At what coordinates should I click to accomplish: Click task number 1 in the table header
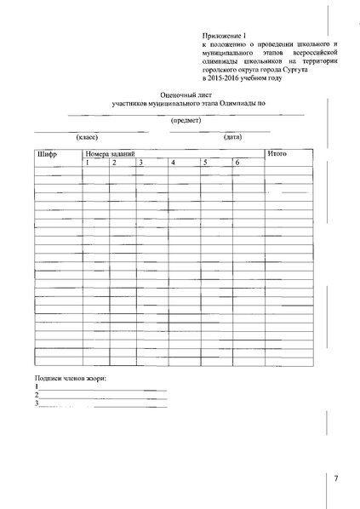(x=88, y=162)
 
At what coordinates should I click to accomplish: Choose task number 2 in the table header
(x=114, y=162)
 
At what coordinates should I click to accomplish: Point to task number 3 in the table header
(x=141, y=162)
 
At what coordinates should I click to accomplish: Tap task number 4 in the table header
(x=173, y=162)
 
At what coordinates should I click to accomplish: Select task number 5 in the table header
(x=205, y=162)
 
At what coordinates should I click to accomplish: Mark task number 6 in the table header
(x=237, y=162)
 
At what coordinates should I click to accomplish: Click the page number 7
(x=335, y=478)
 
